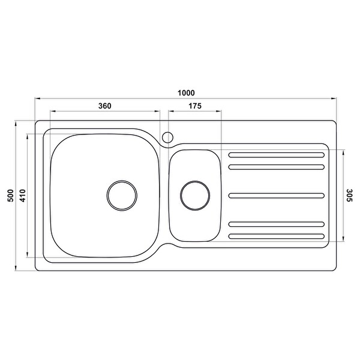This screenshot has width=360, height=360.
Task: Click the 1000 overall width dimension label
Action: [186, 93]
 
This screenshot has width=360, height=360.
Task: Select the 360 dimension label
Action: [104, 106]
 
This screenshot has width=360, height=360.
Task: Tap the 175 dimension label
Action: [195, 106]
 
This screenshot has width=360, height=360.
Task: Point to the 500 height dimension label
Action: [11, 196]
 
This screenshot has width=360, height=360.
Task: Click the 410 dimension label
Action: [23, 196]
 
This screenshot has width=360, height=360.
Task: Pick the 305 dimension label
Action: [349, 196]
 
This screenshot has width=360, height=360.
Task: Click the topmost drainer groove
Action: [277, 155]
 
